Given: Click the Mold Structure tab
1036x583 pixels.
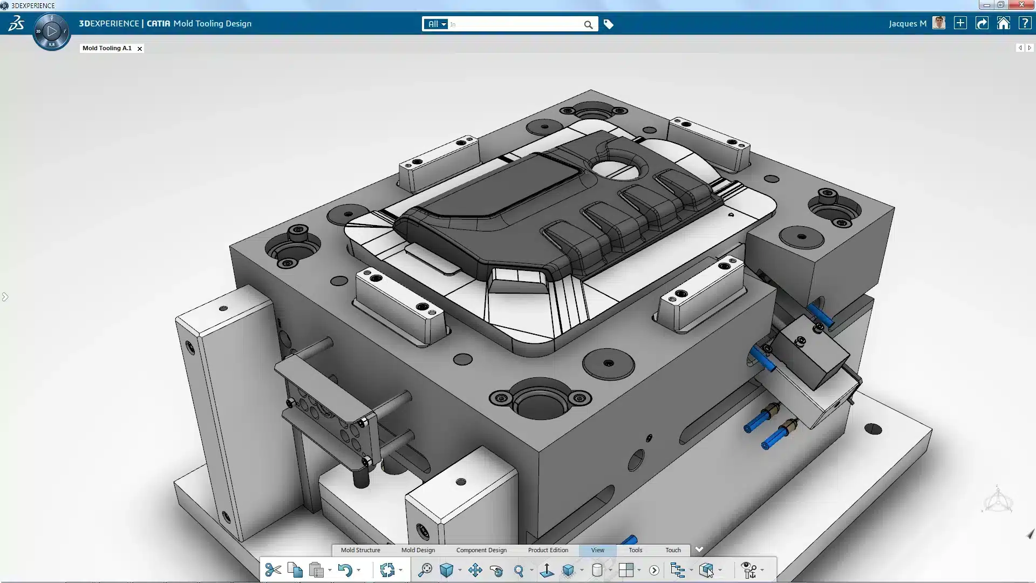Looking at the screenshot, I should point(360,550).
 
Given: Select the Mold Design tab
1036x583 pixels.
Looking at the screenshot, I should point(418,550).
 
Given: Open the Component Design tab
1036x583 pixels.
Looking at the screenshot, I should point(481,550).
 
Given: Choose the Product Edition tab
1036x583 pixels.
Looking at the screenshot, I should point(548,550).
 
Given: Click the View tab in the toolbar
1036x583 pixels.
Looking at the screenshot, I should point(598,550).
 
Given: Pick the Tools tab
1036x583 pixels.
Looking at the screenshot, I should point(636,550).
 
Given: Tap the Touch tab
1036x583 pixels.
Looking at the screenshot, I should point(673,550).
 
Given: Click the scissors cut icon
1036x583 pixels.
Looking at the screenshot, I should point(273,570).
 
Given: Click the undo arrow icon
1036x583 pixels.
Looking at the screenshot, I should point(345,570).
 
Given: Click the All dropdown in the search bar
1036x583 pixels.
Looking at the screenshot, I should point(437,24).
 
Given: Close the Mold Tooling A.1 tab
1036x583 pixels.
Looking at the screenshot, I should point(140,49).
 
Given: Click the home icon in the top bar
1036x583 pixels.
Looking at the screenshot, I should point(1004,24).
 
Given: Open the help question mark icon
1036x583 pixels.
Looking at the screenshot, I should point(1025,24).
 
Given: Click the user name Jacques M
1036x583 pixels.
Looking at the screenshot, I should point(908,24).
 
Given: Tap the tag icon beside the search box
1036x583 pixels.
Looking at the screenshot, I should point(609,24).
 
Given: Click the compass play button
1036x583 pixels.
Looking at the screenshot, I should point(52,31).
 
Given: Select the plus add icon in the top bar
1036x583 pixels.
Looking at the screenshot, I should point(960,24).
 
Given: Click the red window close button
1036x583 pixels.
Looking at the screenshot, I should point(1021,5).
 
